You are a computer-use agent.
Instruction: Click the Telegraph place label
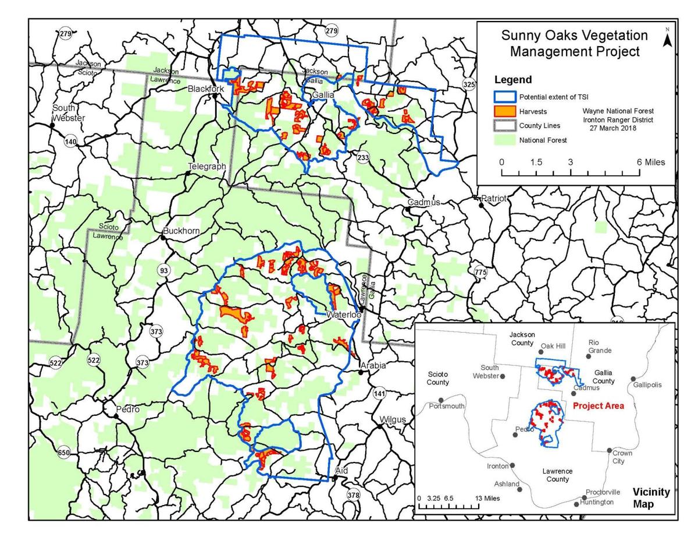[206, 167]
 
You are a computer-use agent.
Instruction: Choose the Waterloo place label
[343, 315]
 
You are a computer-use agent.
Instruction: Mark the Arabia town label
[373, 365]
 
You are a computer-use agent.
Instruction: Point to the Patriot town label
[494, 198]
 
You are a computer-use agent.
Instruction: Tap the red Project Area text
[599, 405]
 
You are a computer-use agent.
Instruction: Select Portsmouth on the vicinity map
[447, 406]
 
